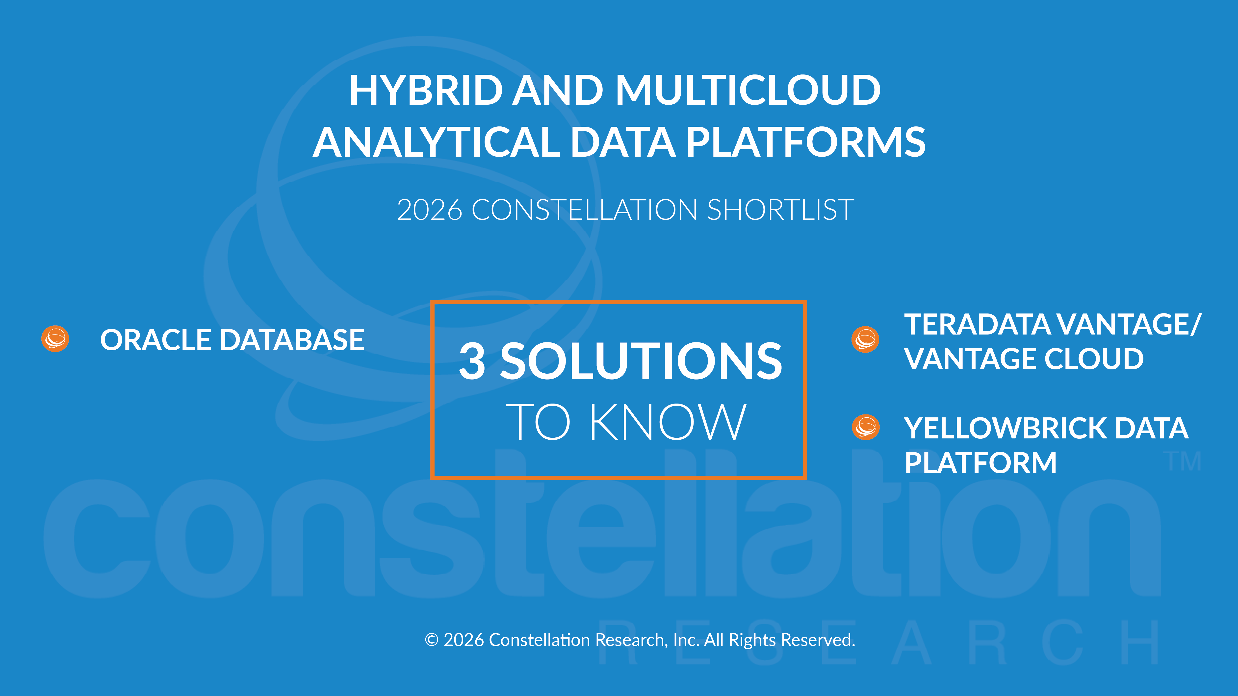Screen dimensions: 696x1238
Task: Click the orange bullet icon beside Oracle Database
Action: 55,339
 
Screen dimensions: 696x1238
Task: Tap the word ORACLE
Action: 155,340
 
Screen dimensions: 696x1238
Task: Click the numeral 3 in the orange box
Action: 472,361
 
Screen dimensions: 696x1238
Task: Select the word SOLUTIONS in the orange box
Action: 641,361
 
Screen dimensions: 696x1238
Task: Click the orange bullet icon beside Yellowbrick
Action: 866,427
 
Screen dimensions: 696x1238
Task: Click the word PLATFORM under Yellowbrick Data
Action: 980,463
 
